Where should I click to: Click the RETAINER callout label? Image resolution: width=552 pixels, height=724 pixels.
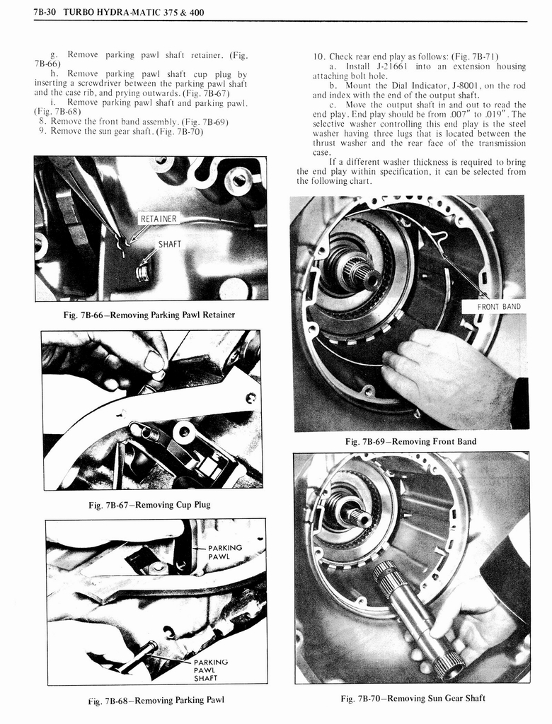[159, 218]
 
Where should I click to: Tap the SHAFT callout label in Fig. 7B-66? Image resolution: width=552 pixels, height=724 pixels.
[169, 244]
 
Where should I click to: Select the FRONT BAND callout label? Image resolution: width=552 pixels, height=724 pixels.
[499, 306]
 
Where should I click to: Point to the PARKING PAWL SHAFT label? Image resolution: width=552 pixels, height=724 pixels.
[210, 670]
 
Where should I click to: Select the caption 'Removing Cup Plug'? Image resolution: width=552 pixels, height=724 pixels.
[149, 504]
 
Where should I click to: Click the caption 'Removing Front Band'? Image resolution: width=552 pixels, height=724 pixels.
[410, 442]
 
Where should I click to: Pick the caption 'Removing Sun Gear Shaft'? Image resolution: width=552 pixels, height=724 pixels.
[413, 699]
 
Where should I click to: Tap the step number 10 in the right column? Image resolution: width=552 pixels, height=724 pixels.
[318, 57]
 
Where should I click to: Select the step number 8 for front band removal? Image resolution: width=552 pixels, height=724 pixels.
[43, 121]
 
